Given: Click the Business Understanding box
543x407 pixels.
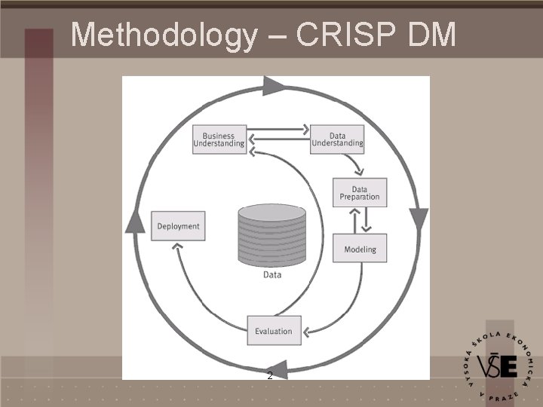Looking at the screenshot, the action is point(219,139).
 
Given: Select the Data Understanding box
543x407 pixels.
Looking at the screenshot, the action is point(337,139).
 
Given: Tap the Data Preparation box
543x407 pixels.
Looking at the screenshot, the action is point(360,192).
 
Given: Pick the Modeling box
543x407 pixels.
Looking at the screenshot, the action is point(360,249).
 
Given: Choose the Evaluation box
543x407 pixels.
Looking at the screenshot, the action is point(274,331).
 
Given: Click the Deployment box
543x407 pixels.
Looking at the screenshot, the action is point(178,226).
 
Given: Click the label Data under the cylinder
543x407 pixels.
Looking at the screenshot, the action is point(272,275).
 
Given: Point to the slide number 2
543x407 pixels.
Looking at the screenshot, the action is point(270,375).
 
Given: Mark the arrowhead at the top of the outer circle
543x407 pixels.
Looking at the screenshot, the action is point(274,85).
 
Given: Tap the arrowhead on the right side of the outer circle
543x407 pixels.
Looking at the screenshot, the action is point(419,219).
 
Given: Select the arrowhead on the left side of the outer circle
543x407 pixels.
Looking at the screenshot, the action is point(134,220).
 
